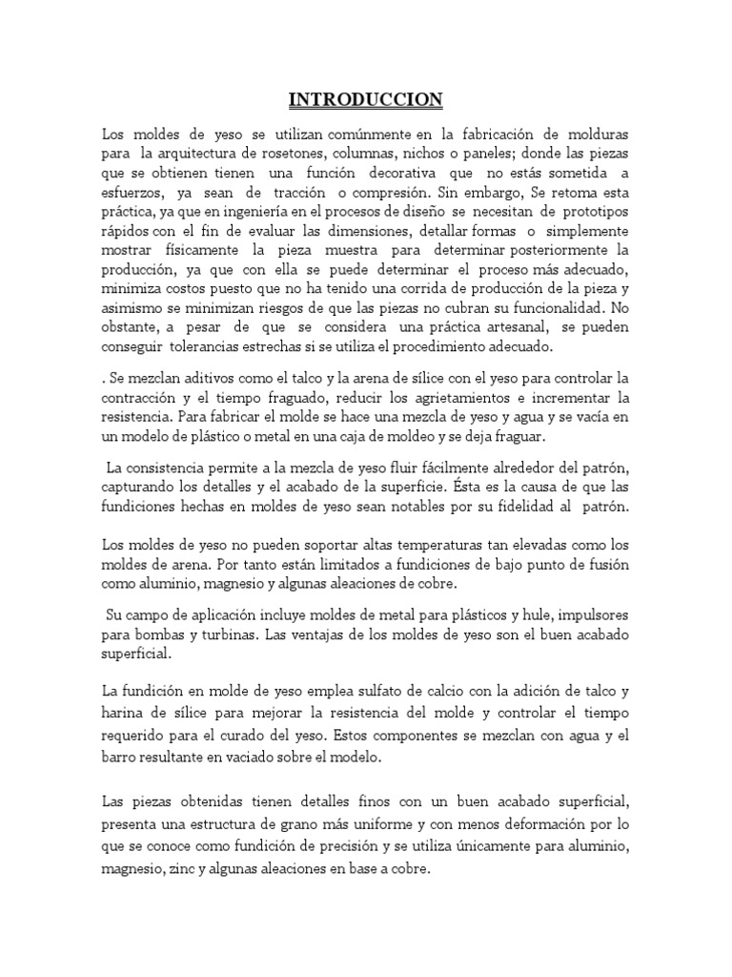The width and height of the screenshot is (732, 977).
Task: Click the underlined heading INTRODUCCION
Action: [x=367, y=99]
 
